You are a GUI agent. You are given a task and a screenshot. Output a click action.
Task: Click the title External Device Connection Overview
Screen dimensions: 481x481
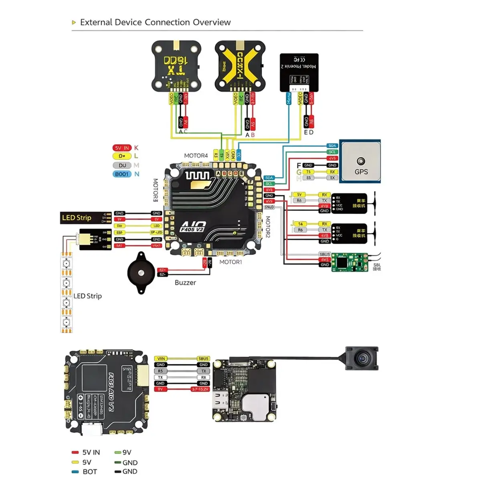[x=155, y=22]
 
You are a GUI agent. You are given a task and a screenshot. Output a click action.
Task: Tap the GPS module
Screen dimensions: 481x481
[x=360, y=162]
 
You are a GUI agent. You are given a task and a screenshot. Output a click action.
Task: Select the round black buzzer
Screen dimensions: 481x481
[x=141, y=273]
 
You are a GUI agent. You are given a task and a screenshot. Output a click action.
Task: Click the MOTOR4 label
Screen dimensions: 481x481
[x=196, y=156]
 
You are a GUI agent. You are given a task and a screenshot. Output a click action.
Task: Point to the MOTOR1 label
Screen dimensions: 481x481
[x=230, y=262]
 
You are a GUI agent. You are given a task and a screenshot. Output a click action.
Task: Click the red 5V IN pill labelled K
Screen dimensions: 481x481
[x=122, y=148]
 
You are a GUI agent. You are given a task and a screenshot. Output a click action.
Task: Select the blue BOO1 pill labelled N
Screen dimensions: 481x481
[x=122, y=174]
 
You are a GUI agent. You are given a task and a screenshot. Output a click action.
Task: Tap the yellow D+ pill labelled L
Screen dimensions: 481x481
[x=122, y=156]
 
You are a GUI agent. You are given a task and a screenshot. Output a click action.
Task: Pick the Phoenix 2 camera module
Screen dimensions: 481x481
[x=299, y=72]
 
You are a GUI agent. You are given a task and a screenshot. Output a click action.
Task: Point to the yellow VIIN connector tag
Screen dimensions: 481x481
[x=161, y=359]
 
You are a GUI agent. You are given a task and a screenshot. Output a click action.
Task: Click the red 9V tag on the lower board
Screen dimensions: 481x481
[x=160, y=389]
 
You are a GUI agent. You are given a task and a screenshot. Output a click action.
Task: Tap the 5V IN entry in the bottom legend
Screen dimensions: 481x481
[x=91, y=452]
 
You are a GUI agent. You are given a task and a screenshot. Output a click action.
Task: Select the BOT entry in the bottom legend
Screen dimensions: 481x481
[x=89, y=472]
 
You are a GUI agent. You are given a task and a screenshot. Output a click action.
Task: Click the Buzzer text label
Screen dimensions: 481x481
[x=185, y=283]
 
